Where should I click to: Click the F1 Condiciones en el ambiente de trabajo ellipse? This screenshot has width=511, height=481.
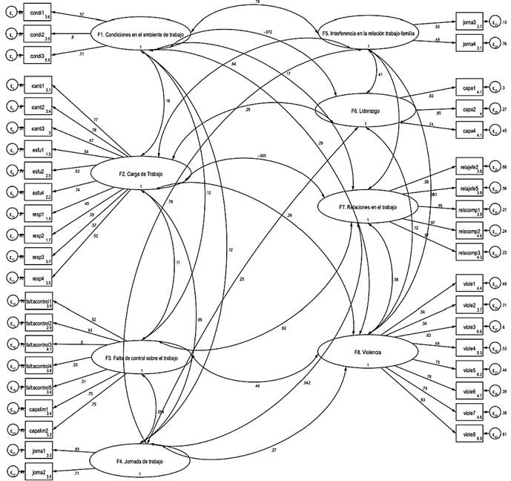pyautogui.click(x=141, y=35)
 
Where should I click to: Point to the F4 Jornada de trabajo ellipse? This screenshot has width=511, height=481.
pyautogui.click(x=141, y=461)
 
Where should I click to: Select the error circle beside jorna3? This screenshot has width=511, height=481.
pyautogui.click(x=497, y=24)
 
